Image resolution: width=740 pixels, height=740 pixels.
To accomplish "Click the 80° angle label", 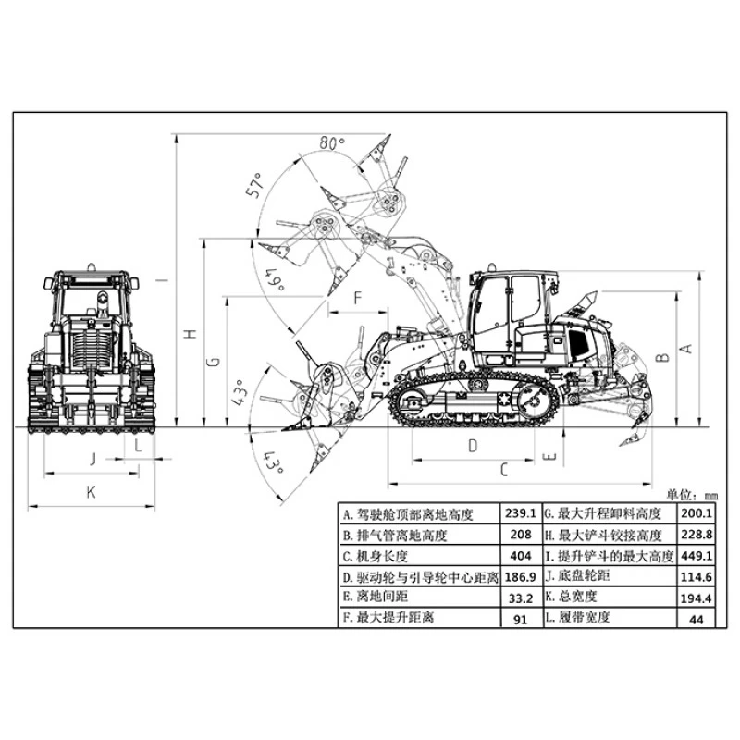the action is pos(332,142).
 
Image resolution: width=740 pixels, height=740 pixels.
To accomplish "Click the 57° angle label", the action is pos(254,184).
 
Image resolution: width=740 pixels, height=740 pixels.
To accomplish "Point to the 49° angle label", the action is pos(276,280).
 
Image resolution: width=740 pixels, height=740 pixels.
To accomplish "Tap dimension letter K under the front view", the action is pos(91,492).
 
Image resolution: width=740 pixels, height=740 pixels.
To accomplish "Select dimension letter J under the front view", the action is pos(93,459).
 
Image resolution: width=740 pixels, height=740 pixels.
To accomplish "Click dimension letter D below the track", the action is pos(473,446).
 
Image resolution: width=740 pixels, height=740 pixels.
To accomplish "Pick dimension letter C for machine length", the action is pos(504,470).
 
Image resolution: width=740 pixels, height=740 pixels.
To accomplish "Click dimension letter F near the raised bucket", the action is pos(358,298).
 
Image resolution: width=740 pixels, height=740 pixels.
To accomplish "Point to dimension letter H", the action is pos(190,334).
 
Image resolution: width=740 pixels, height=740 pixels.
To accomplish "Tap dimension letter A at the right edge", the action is pos(686,349).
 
